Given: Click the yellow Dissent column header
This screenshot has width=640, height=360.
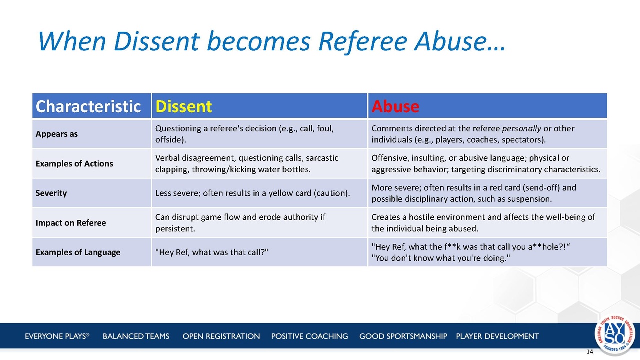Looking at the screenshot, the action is point(183,106).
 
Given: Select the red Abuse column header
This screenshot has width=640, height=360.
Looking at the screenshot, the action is point(395,106).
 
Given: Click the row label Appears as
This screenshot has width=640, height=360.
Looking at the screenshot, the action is point(56,134).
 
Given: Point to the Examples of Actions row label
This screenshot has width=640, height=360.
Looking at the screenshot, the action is point(74,163).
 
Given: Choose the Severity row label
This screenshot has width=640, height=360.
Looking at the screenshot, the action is point(51,193).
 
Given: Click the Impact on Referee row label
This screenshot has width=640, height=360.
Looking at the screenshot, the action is point(71,223).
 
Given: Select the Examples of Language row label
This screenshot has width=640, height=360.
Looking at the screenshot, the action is point(78,252).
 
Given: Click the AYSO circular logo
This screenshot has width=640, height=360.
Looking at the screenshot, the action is point(615,334).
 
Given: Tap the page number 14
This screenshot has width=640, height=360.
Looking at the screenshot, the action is point(590,352).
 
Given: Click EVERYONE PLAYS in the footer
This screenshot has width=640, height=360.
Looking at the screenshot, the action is point(57,336).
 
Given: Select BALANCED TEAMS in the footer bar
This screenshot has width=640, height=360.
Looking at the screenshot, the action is point(136,336).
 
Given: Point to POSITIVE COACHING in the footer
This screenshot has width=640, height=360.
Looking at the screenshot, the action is point(309,336).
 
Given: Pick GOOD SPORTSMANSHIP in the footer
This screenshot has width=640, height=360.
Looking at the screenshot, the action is point(403,336).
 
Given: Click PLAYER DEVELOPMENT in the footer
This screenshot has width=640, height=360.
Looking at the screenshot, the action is point(497,336).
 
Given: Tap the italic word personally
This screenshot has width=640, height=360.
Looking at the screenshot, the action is point(521,129).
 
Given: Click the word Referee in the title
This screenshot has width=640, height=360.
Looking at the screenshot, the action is point(363,41).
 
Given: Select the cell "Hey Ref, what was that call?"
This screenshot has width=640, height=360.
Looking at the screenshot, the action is point(211,252).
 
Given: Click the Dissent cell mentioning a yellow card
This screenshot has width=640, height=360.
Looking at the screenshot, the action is point(252,193).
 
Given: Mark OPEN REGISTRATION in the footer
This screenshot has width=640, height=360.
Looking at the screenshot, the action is point(221,336).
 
